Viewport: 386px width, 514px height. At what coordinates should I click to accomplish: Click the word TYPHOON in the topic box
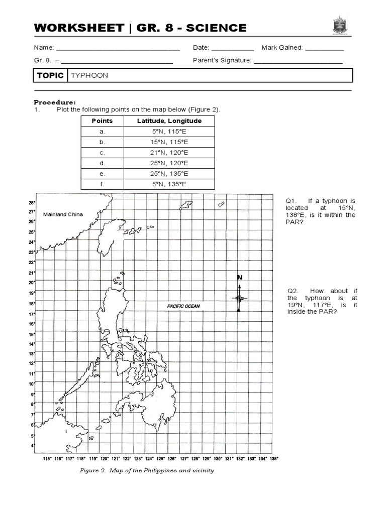[x=89, y=75]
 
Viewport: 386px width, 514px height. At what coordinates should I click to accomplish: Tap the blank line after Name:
[x=118, y=50]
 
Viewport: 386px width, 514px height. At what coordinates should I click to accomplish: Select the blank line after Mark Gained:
[x=324, y=50]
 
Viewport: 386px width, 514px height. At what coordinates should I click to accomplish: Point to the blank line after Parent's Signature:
[x=298, y=62]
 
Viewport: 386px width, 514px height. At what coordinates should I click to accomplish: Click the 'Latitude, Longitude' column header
[x=169, y=121]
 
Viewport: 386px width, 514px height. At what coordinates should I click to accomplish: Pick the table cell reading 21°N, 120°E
[x=169, y=153]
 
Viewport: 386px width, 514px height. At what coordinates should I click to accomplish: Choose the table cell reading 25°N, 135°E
[x=169, y=174]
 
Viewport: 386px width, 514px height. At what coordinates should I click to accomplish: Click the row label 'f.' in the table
[x=102, y=184]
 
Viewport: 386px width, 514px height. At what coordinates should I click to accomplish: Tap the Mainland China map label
[x=62, y=214]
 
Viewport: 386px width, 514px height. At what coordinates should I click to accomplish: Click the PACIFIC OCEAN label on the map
[x=183, y=305]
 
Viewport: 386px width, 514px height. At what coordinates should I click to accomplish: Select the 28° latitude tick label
[x=32, y=203]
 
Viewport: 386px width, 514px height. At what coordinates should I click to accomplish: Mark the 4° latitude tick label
[x=33, y=446]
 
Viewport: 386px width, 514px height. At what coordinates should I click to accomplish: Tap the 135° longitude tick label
[x=273, y=459]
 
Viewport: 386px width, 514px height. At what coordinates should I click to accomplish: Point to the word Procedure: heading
[x=54, y=101]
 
